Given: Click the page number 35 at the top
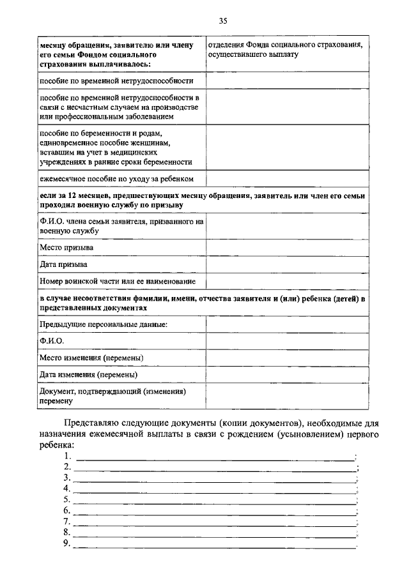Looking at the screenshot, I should coord(223,21).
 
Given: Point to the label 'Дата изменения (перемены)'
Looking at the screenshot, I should coord(88,374).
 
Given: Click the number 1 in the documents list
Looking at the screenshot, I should coord(67,456).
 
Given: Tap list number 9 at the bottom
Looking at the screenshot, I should coord(67,543).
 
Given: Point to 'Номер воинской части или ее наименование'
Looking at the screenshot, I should coord(118,281).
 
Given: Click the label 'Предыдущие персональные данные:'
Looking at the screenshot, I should coord(103,324).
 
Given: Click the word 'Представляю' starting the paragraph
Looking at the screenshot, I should coord(95,423).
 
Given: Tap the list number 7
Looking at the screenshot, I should coord(67,521).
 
